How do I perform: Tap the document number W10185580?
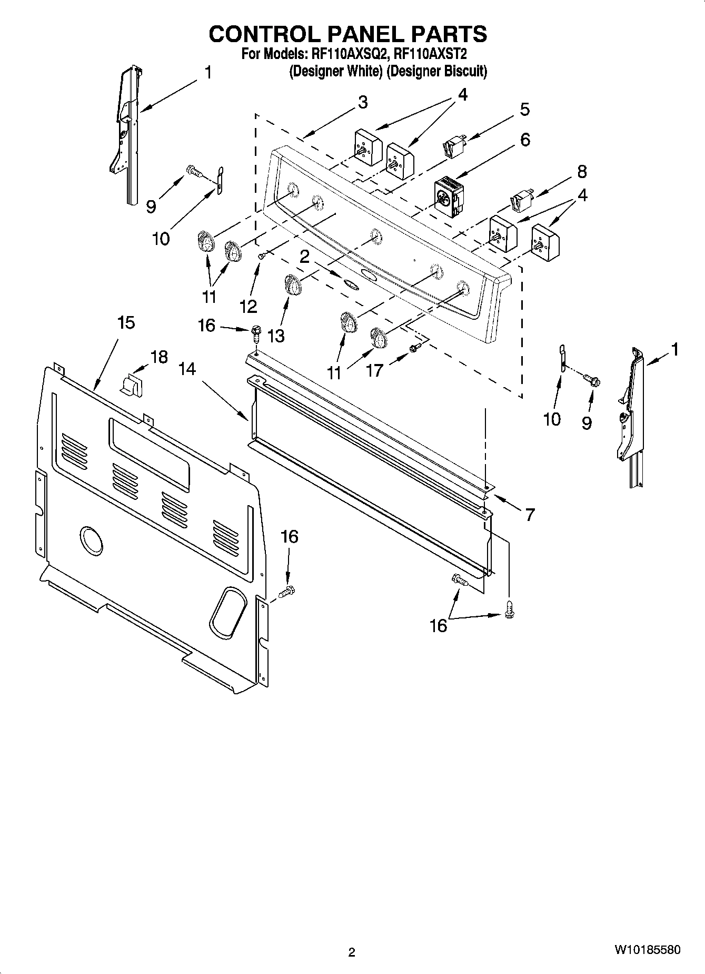pos(647,950)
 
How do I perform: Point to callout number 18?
pos(159,357)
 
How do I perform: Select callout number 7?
pos(529,514)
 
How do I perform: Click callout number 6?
pos(525,140)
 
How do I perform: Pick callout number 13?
pos(275,336)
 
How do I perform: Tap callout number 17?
pos(374,370)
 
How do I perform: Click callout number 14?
pos(186,369)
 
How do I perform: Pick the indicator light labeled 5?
pos(454,144)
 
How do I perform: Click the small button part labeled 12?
pos(261,255)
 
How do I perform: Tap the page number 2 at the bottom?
pos(352,952)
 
